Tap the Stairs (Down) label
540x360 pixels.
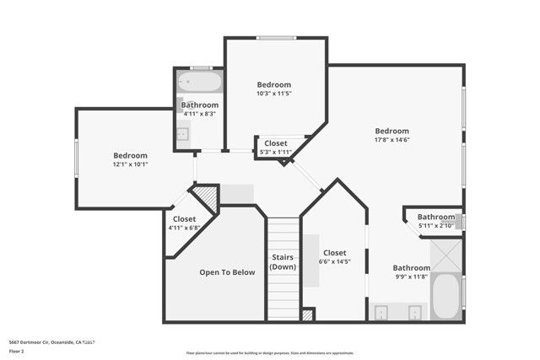click(282, 261)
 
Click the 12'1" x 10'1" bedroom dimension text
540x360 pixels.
click(131, 165)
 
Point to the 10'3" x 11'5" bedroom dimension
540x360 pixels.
click(274, 94)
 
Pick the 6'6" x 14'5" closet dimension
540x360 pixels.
click(334, 262)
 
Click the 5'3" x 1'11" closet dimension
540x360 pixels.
click(275, 153)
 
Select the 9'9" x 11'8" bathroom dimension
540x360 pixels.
click(411, 277)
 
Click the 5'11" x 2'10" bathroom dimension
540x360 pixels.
click(436, 226)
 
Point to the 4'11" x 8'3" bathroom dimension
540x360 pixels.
click(200, 114)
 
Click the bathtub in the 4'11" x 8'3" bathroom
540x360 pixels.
click(200, 83)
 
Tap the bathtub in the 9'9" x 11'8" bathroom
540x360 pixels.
click(445, 297)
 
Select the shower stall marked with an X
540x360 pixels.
click(446, 255)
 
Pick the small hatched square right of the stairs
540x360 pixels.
click(307, 314)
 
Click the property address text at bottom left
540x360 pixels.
click(51, 342)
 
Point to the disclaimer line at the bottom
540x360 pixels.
click(269, 353)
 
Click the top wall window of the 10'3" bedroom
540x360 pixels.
click(276, 37)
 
